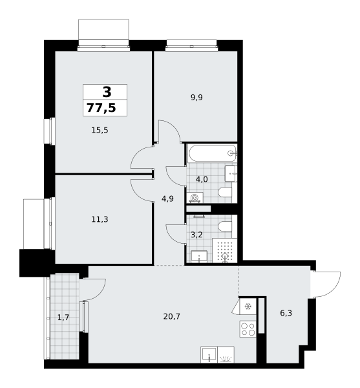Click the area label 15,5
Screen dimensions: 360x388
(x=100, y=130)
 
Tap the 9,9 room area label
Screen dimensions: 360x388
(x=196, y=98)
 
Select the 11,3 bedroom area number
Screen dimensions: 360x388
(x=100, y=219)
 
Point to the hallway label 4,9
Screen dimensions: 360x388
(x=167, y=199)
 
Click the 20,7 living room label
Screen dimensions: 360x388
(x=172, y=316)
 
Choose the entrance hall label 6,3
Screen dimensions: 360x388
(x=286, y=313)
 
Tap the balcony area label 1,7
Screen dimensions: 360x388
(x=63, y=318)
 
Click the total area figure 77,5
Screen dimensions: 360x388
(x=101, y=108)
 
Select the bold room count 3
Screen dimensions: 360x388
(x=107, y=92)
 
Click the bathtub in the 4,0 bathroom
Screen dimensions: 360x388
(x=212, y=153)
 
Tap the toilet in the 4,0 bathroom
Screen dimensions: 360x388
(x=226, y=192)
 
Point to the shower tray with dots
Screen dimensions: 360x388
(x=224, y=250)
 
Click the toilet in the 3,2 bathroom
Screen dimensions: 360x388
(x=226, y=227)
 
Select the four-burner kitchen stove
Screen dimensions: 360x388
(x=248, y=329)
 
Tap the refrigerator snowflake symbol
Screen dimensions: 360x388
(x=248, y=307)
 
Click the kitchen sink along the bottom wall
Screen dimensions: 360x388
(x=209, y=355)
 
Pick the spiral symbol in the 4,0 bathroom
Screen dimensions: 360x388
(x=195, y=198)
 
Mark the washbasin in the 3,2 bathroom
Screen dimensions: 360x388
(x=199, y=256)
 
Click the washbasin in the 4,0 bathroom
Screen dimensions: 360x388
(x=231, y=174)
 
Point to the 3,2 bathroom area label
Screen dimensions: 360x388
(x=196, y=235)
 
